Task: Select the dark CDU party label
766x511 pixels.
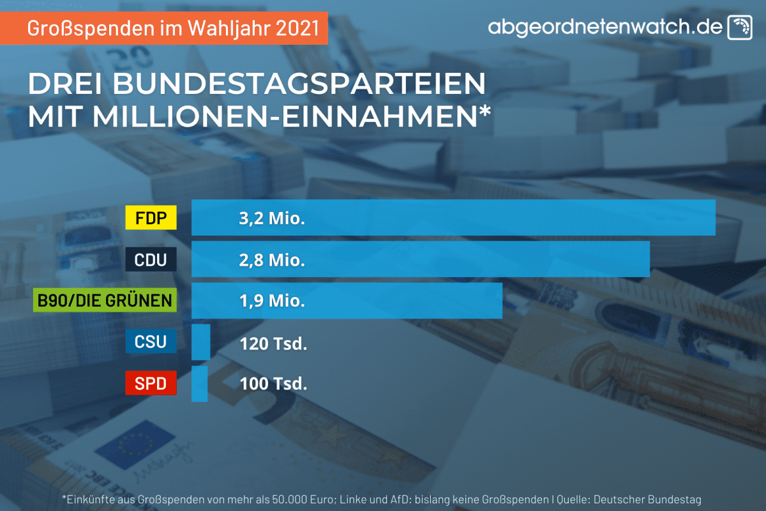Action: click(x=151, y=260)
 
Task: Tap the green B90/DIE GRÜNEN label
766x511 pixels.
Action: click(x=104, y=301)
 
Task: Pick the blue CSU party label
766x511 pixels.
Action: click(x=151, y=342)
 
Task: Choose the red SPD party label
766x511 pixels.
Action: click(x=151, y=384)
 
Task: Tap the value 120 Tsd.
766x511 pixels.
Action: click(x=274, y=344)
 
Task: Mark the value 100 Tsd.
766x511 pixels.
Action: click(x=274, y=384)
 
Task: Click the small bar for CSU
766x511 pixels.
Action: click(x=200, y=342)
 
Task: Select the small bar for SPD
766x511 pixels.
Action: click(x=199, y=384)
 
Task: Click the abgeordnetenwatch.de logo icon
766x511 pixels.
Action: click(x=740, y=27)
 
